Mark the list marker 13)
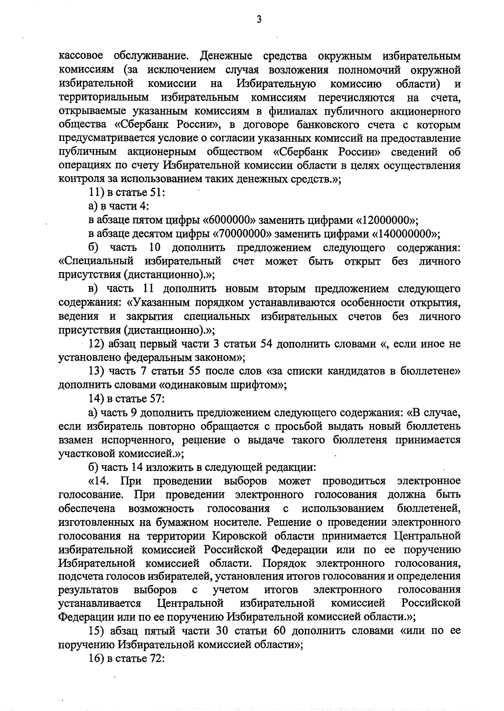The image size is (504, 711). (x=98, y=371)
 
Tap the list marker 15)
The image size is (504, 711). (x=98, y=631)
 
